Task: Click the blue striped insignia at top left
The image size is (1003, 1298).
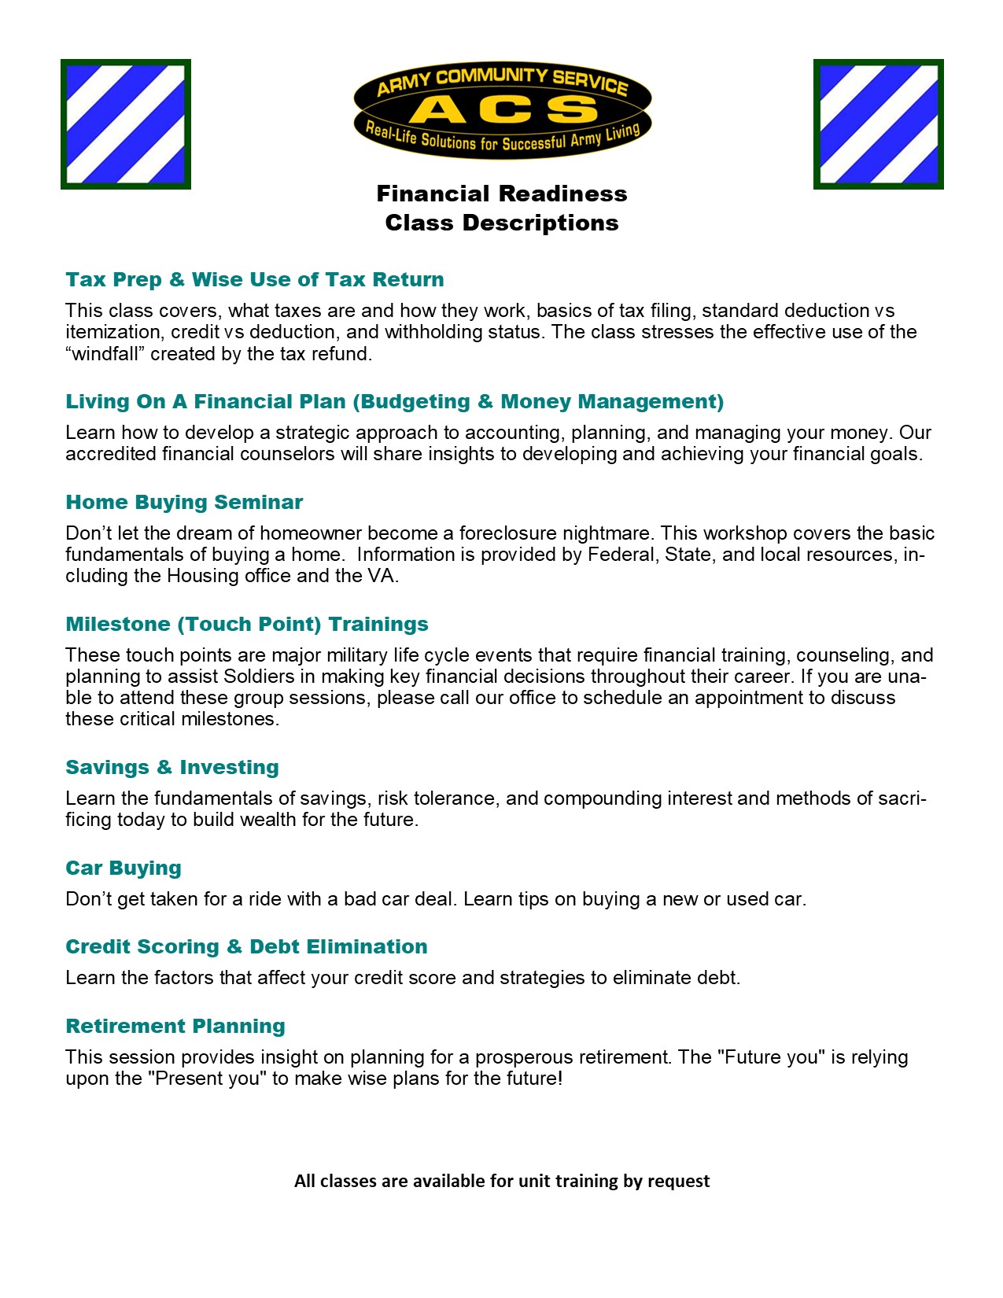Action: pyautogui.click(x=126, y=124)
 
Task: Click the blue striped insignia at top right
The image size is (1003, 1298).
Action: pyautogui.click(x=878, y=124)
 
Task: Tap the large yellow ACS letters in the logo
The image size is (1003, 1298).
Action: pyautogui.click(x=503, y=109)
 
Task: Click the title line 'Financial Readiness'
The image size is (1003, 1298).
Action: pyautogui.click(x=502, y=194)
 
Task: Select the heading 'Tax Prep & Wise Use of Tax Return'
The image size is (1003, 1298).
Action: pyautogui.click(x=255, y=280)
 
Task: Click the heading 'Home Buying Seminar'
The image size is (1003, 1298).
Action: pyautogui.click(x=184, y=503)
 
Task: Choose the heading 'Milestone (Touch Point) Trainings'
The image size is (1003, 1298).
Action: pyautogui.click(x=247, y=625)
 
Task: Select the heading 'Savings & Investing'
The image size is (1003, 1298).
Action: pyautogui.click(x=172, y=768)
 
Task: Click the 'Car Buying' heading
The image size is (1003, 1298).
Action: pyautogui.click(x=124, y=868)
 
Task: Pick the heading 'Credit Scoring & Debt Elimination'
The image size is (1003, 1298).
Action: pyautogui.click(x=246, y=947)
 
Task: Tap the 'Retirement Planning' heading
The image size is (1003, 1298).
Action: pyautogui.click(x=175, y=1027)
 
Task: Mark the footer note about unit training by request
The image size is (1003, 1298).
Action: pyautogui.click(x=502, y=1181)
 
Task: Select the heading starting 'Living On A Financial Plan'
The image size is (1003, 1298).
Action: pyautogui.click(x=394, y=402)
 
